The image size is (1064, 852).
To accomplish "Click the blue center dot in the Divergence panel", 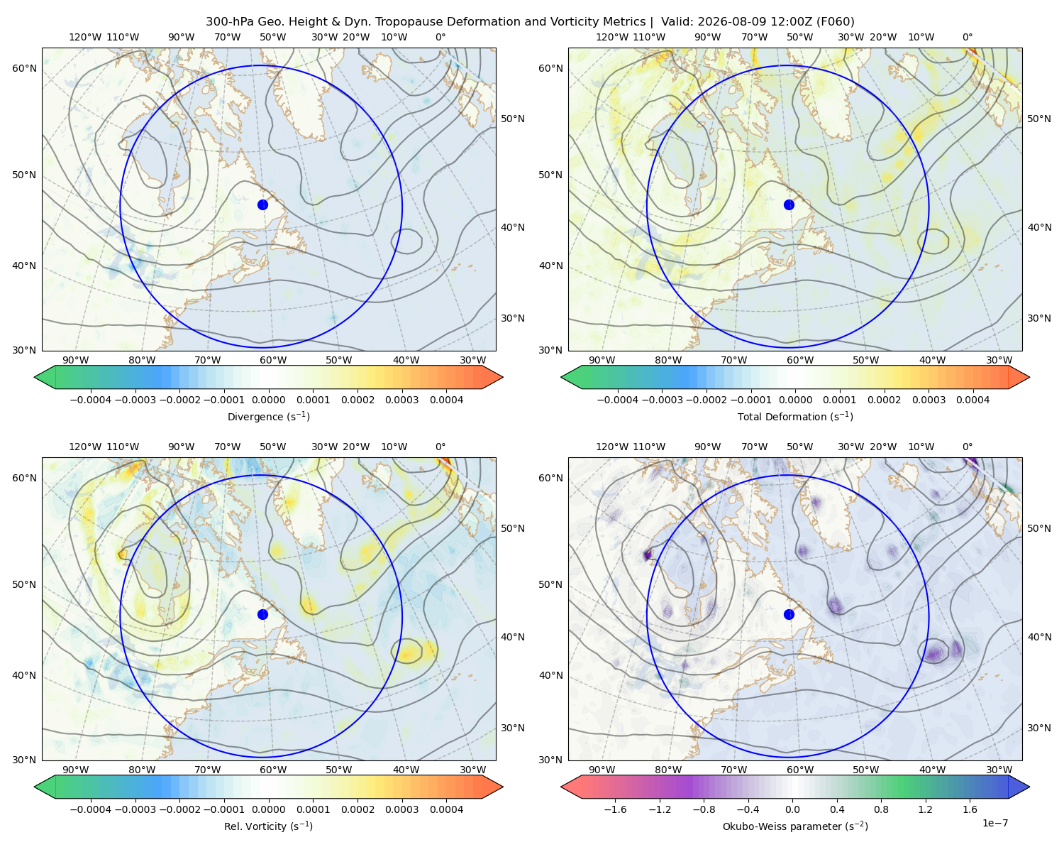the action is pyautogui.click(x=262, y=204).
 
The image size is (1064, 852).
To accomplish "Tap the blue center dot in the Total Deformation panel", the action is pyautogui.click(x=789, y=204).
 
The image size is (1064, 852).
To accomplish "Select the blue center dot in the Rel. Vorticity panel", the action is pyautogui.click(x=262, y=614).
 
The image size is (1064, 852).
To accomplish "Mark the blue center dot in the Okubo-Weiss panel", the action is pyautogui.click(x=789, y=614).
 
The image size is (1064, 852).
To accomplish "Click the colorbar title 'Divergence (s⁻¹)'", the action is pyautogui.click(x=268, y=416).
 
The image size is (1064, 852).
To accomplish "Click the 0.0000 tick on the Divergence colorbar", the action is pyautogui.click(x=268, y=400).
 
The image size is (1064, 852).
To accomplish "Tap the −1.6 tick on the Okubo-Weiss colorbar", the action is pyautogui.click(x=615, y=809).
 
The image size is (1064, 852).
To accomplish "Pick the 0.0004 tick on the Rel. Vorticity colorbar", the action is pyautogui.click(x=446, y=809).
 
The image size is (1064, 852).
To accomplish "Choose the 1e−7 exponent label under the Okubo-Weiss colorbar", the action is pyautogui.click(x=994, y=823).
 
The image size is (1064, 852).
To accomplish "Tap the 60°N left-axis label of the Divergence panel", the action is pyautogui.click(x=24, y=68).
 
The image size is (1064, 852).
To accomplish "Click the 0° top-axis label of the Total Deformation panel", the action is pyautogui.click(x=967, y=37).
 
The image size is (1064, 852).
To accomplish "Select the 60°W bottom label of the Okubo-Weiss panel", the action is pyautogui.click(x=799, y=770).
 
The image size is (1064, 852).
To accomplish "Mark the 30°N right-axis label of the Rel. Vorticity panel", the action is pyautogui.click(x=513, y=727).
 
